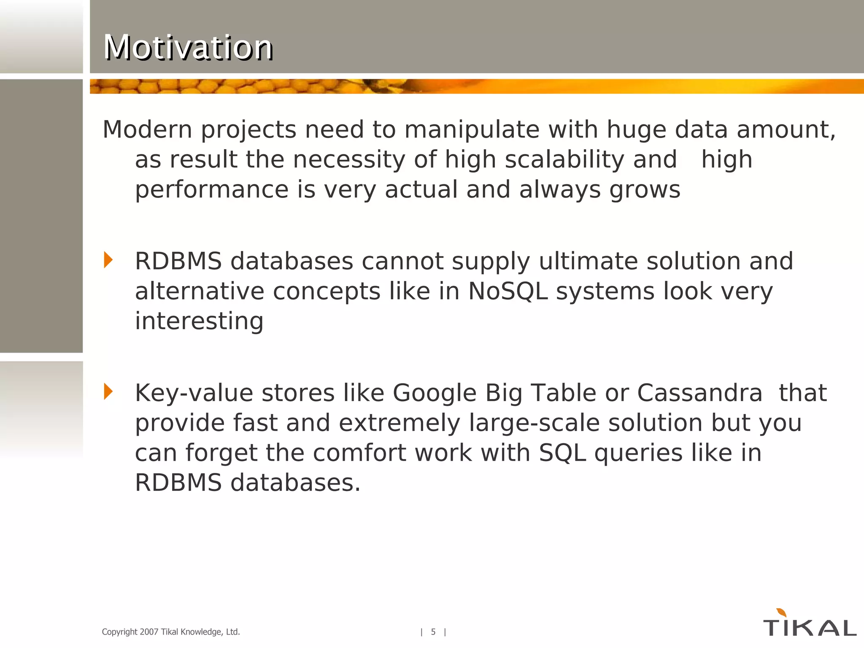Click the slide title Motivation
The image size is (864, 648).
[188, 47]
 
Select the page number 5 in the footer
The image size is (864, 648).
[433, 632]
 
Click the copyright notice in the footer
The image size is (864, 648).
[171, 632]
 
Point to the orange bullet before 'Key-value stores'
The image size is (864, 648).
[108, 391]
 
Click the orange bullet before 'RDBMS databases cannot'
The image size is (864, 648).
[108, 260]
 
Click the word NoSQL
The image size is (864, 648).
[508, 291]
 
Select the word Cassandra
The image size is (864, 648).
[699, 393]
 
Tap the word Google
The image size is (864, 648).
[435, 393]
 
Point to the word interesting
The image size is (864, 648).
[199, 321]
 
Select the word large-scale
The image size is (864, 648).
[534, 423]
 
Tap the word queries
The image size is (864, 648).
[638, 453]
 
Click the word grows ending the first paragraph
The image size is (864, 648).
[645, 190]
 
